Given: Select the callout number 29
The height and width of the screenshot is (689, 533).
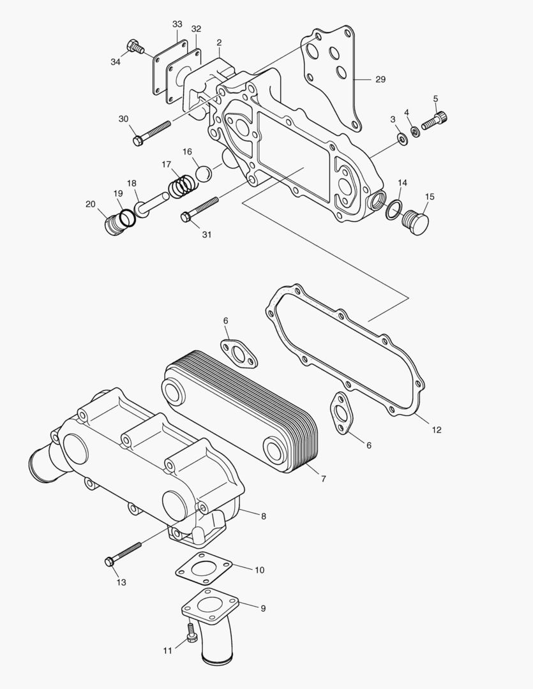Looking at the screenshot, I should point(380,79).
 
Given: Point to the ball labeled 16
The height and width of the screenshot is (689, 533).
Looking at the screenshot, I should point(203,173).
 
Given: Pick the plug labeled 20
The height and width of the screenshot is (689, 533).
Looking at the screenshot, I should point(114,225).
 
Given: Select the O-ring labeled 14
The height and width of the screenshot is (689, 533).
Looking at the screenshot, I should point(394,209).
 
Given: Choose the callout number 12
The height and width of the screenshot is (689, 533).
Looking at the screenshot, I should point(437,430).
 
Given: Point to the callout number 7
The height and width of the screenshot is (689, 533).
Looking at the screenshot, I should point(324,478).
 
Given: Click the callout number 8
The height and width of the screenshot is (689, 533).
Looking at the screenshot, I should point(264,515).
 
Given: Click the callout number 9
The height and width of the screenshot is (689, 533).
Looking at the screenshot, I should point(263,609).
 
